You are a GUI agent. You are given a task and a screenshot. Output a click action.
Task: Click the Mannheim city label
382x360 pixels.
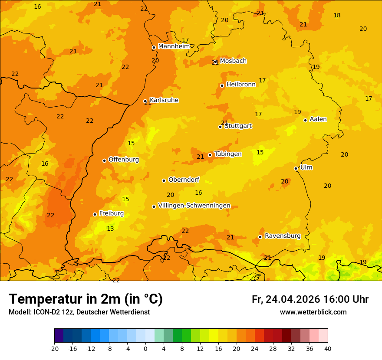coord(174,46)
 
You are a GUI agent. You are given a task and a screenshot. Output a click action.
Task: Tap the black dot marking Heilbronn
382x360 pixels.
coord(222,85)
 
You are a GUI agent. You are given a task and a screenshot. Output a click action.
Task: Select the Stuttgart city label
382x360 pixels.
coord(238,126)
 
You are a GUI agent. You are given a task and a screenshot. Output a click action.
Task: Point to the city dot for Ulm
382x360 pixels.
coord(296,168)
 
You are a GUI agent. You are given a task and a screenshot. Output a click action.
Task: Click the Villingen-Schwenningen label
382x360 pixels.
coord(194,206)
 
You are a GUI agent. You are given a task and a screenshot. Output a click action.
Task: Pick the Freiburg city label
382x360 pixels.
coord(111,213)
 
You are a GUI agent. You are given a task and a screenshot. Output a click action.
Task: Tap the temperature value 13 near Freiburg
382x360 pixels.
coord(110,229)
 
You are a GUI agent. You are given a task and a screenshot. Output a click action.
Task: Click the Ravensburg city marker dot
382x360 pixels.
coord(260,237)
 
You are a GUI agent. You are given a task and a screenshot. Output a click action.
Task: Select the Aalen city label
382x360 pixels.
coord(318,119)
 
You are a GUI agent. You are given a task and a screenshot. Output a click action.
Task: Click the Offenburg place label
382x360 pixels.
coord(124,160)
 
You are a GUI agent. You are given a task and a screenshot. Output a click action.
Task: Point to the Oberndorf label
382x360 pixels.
coord(184,180)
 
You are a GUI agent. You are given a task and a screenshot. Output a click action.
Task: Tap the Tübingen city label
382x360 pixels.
coord(228,154)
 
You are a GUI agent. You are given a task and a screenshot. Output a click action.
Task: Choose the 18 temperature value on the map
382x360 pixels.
coord(337,15)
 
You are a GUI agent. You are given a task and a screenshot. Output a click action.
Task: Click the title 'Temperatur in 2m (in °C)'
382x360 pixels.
coord(86,299)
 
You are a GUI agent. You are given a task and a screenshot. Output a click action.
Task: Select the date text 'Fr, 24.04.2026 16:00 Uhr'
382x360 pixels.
coord(310,299)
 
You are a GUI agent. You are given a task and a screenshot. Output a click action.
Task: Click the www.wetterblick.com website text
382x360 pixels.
coord(313,312)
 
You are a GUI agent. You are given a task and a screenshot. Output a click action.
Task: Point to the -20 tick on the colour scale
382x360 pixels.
coord(54,348)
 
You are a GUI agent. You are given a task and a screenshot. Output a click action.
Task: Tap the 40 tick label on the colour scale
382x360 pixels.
coord(328,348)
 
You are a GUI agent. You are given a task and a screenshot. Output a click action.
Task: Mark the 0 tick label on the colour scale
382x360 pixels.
coord(145,348)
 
